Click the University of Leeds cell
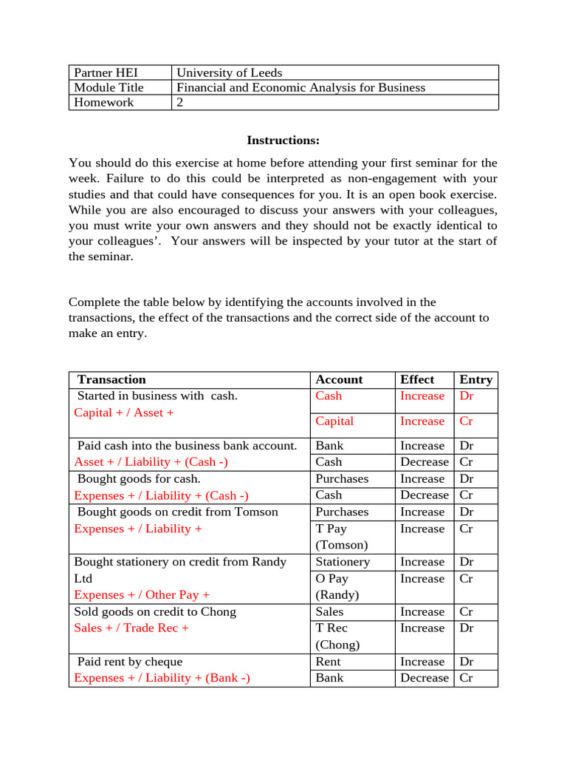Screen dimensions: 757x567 (229, 72)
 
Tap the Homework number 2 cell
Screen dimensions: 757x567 (180, 102)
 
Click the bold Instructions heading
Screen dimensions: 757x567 (283, 140)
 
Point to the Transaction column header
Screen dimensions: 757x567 (111, 379)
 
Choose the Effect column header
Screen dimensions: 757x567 (417, 379)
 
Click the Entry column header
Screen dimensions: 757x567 (475, 379)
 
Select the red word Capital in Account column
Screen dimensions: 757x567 (334, 421)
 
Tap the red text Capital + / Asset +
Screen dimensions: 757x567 (124, 413)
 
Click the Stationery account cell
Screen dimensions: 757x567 (342, 562)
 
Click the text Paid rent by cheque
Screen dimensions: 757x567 (130, 662)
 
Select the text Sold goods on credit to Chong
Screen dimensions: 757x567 (155, 611)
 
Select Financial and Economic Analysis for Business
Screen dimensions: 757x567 (300, 87)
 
